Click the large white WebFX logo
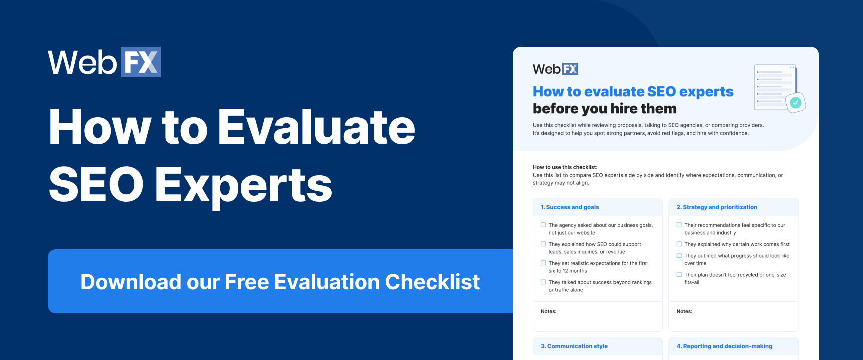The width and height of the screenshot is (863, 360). (x=104, y=62)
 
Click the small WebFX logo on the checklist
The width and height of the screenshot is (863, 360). (x=555, y=69)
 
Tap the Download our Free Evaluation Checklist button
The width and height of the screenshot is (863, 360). (x=280, y=282)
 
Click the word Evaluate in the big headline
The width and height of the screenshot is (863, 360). (x=317, y=128)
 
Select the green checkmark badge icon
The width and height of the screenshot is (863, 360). (x=795, y=103)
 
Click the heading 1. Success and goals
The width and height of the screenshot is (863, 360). (x=570, y=207)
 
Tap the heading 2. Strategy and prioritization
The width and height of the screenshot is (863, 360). (x=717, y=207)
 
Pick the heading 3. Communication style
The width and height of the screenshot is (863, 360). (x=574, y=346)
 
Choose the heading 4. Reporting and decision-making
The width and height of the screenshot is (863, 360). (x=724, y=346)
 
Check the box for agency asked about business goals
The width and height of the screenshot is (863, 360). (x=543, y=225)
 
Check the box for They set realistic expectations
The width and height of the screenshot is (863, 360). (x=543, y=263)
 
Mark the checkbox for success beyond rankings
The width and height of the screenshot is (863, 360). (x=543, y=282)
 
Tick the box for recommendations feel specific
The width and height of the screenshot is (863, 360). (x=679, y=225)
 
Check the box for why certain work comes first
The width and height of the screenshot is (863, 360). (x=679, y=244)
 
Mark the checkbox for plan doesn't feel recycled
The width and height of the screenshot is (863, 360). (x=679, y=275)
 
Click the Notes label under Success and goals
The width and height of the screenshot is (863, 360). (x=549, y=311)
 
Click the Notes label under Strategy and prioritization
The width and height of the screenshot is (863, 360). (x=684, y=311)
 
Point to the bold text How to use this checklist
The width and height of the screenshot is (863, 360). (x=565, y=167)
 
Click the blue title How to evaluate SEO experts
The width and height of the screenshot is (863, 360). (x=633, y=92)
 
